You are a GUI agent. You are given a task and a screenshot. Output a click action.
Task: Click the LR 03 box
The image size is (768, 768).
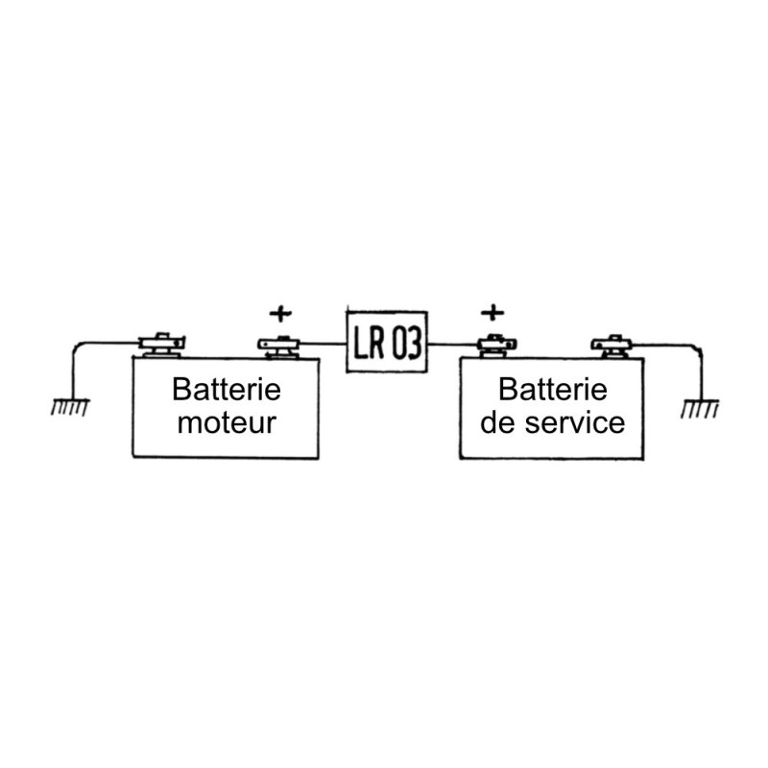click(x=387, y=340)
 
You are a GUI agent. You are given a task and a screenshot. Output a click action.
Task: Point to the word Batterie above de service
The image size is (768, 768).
click(x=553, y=390)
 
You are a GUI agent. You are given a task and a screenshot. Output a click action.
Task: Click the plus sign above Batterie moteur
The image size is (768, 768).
click(x=277, y=312)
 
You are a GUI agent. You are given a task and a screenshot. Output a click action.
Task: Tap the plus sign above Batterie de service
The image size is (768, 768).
click(x=491, y=312)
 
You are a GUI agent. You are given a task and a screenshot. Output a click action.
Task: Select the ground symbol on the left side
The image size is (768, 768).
click(x=70, y=408)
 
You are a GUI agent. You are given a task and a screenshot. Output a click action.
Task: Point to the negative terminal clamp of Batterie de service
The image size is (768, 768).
click(x=612, y=344)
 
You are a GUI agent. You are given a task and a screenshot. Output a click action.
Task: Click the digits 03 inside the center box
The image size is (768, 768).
click(x=405, y=341)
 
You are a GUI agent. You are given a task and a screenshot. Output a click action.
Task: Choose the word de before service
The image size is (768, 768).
click(x=497, y=421)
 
